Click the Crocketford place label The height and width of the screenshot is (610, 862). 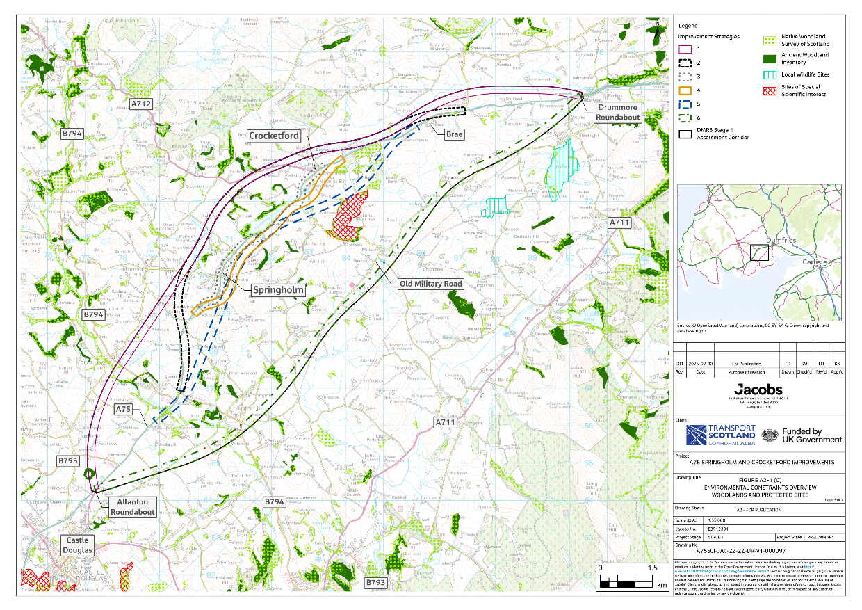pos(275,136)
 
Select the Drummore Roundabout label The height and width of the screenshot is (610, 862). pos(617,113)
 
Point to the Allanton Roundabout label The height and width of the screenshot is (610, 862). pos(132,506)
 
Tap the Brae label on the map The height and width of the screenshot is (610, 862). pos(455,133)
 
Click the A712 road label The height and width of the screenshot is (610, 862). pos(141,104)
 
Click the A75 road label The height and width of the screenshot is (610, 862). pos(123,410)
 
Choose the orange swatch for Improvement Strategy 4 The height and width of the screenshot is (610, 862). pos(685,90)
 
